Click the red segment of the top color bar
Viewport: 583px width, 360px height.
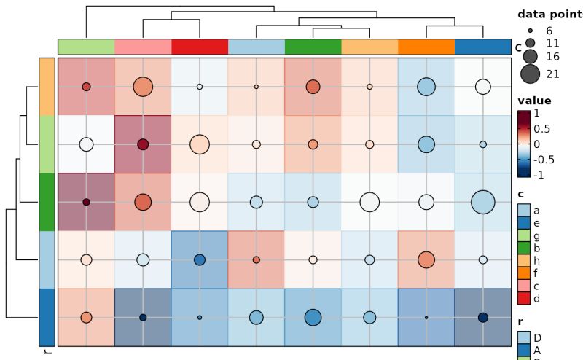[x=200, y=47]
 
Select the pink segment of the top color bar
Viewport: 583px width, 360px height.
[x=143, y=47]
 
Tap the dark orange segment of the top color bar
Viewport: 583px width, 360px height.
[x=426, y=47]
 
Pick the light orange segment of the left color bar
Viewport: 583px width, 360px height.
[x=47, y=86]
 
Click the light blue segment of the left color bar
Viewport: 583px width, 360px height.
[x=47, y=259]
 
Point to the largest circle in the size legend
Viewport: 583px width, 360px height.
[x=530, y=74]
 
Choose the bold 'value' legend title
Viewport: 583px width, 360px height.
[x=534, y=101]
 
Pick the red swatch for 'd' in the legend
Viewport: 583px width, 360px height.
[x=524, y=298]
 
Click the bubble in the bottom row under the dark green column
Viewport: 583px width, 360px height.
[x=313, y=317]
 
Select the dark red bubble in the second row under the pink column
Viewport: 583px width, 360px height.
[x=143, y=144]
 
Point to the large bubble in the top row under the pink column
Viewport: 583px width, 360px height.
[x=143, y=86]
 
